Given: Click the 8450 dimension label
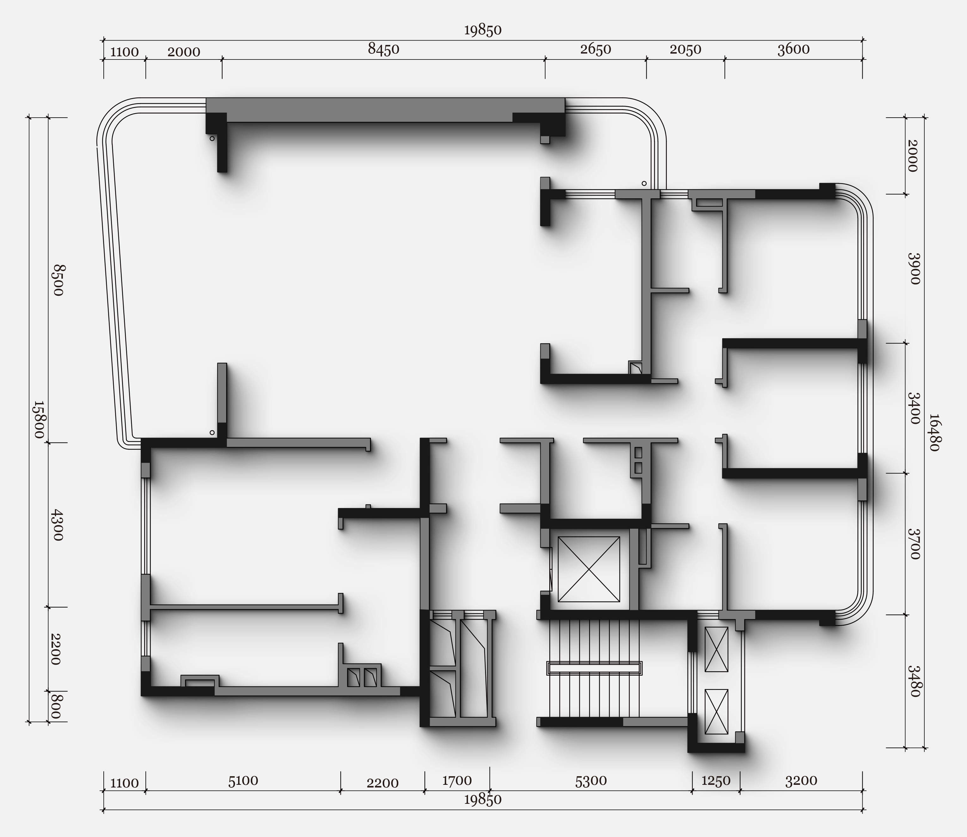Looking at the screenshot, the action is [383, 49].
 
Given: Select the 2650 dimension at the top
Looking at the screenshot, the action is [595, 49].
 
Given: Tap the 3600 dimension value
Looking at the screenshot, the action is [793, 49].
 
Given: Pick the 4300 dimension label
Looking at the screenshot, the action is [57, 525].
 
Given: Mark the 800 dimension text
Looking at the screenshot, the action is [56, 707].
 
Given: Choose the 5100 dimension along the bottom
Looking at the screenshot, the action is [243, 780].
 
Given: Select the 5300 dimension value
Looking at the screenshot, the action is [591, 780].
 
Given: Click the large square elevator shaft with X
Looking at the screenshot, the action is [589, 569].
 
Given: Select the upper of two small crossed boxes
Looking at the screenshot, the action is [716, 649].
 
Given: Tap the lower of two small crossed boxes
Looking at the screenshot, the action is [716, 712].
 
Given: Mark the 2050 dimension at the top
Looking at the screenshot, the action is [686, 49].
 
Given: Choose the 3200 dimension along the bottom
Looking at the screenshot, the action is [801, 780].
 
